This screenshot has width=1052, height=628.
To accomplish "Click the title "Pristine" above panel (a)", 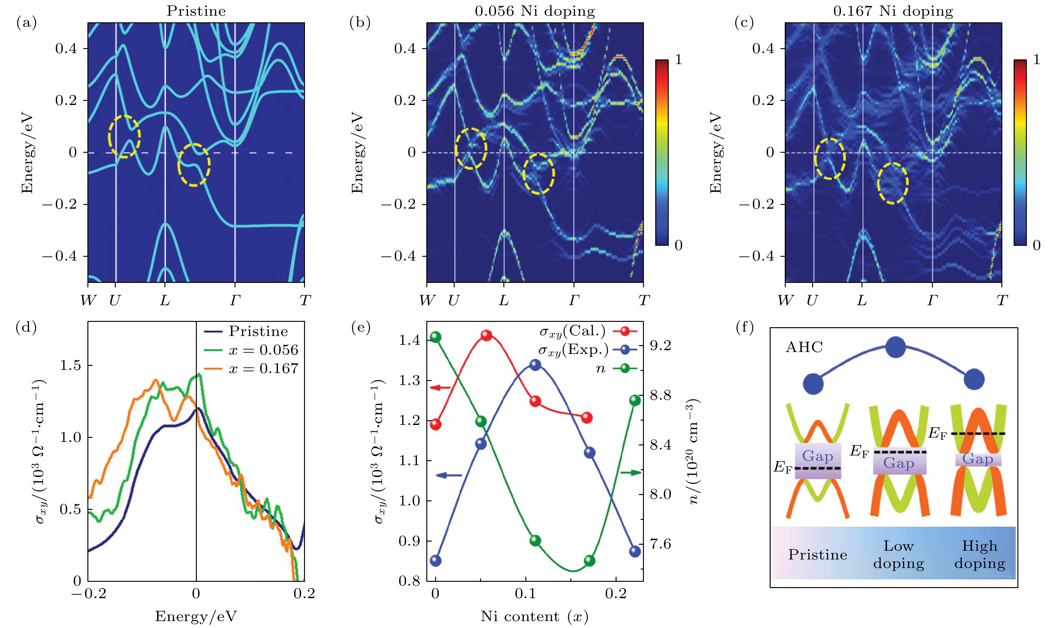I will (x=196, y=11).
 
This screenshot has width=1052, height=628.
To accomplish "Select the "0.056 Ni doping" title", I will (x=534, y=11).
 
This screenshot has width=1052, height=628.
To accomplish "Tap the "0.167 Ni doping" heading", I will (x=893, y=11).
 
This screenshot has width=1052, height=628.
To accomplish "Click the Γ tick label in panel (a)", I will (x=235, y=300).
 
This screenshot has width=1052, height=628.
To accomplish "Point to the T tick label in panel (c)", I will (x=1001, y=300).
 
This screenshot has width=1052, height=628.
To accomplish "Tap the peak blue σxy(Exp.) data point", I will (x=535, y=365).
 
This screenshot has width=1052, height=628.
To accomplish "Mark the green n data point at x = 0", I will (x=435, y=337).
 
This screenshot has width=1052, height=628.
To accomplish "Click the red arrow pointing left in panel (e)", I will (x=440, y=388).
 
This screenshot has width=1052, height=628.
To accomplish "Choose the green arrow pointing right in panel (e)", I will (x=630, y=472).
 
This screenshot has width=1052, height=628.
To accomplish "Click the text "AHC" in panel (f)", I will (x=804, y=347).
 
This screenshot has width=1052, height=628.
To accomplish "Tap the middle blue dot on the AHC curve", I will (x=896, y=347).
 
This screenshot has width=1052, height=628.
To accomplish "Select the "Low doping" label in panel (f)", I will (x=898, y=555).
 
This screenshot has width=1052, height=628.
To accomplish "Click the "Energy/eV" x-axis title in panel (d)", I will (x=196, y=616).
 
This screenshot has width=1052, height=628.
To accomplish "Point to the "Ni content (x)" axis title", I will (x=534, y=616).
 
